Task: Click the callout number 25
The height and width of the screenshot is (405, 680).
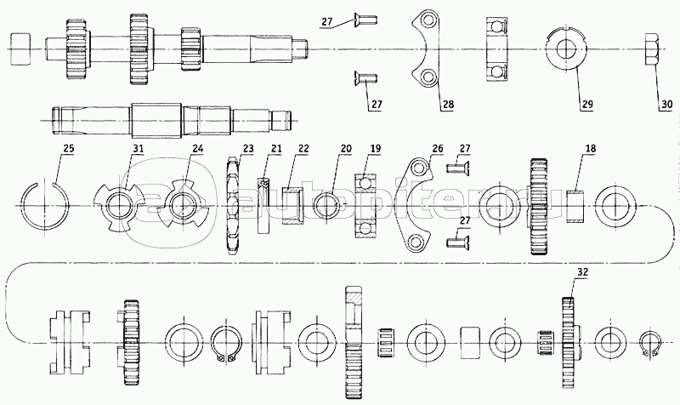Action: pyautogui.click(x=68, y=150)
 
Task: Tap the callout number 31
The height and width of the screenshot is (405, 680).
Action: pyautogui.click(x=136, y=151)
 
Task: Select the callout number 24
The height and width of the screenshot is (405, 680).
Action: pyautogui.click(x=197, y=150)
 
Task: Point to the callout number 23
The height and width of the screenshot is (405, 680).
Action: pyautogui.click(x=247, y=149)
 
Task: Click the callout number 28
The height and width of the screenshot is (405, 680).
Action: pyautogui.click(x=447, y=105)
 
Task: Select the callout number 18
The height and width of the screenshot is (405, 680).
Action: pyautogui.click(x=589, y=148)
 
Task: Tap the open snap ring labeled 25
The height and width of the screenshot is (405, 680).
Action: pyautogui.click(x=42, y=205)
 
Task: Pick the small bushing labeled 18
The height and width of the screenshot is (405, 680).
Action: pyautogui.click(x=577, y=204)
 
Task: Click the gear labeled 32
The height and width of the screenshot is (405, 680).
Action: pyautogui.click(x=569, y=340)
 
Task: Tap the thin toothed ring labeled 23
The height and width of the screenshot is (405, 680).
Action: pyautogui.click(x=235, y=205)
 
